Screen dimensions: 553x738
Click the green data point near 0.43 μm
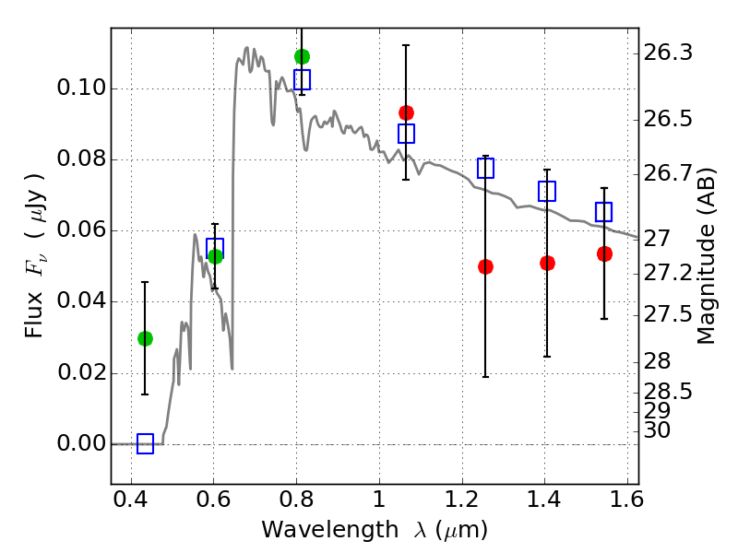pos(145,338)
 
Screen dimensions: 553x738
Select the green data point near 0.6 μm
pos(215,256)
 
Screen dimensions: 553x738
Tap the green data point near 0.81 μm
pos(302,56)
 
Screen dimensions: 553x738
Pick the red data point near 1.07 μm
pos(406,112)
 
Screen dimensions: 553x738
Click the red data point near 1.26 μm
pos(485,266)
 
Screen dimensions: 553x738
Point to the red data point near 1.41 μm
pos(547,263)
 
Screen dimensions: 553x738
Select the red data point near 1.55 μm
pos(604,253)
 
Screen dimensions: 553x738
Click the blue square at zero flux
pos(145,444)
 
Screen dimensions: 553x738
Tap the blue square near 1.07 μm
pos(406,134)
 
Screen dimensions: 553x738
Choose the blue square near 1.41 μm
pos(547,192)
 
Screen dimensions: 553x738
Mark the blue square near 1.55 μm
pos(604,212)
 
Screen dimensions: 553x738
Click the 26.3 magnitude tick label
pos(669,53)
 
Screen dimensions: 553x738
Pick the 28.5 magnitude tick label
pos(669,393)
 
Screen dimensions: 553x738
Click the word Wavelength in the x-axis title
pos(318,530)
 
